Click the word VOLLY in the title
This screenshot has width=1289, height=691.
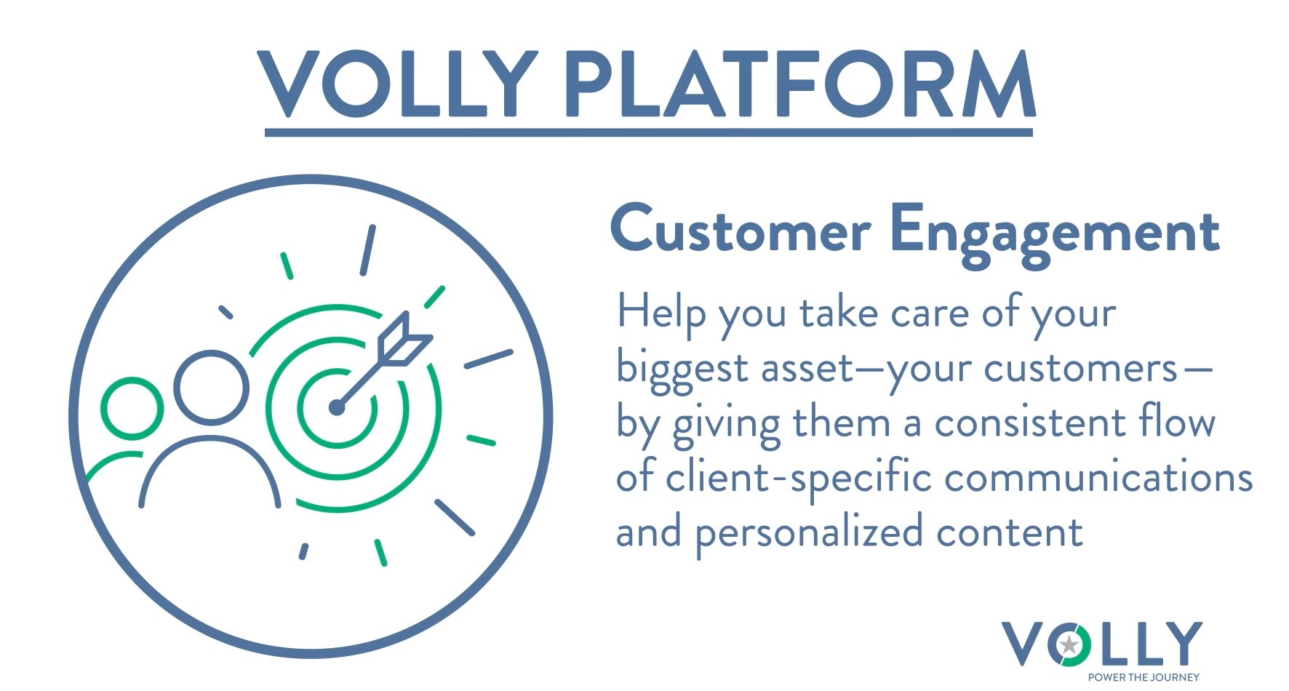tap(397, 84)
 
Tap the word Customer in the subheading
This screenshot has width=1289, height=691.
tap(741, 230)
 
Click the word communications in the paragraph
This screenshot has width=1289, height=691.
tap(1098, 478)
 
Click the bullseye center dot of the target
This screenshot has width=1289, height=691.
tap(336, 407)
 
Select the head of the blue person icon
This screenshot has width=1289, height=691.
tap(210, 386)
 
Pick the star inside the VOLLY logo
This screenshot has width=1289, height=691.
tap(1069, 644)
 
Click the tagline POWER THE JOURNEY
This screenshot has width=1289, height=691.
tap(1144, 677)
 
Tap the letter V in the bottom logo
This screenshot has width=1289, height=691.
tap(1024, 643)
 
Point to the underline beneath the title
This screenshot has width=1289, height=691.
tap(649, 132)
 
